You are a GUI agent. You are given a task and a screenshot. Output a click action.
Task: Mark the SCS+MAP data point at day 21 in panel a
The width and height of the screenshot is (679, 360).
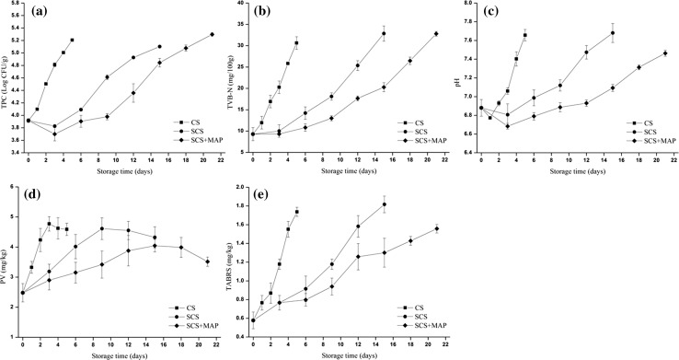(x=212, y=35)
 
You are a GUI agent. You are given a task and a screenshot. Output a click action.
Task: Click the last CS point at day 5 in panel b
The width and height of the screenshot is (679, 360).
(x=296, y=43)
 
